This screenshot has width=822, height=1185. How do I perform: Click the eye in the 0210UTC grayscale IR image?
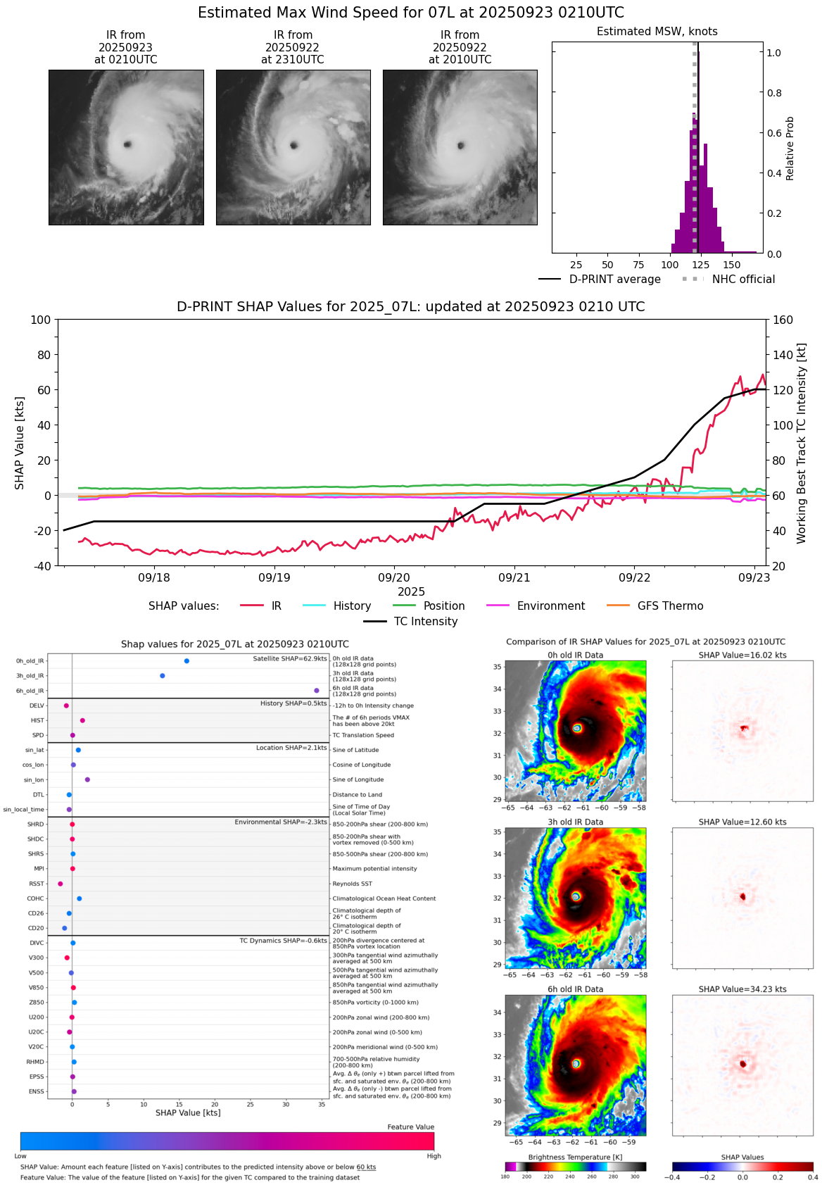point(127,144)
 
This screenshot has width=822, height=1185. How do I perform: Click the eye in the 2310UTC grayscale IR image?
point(294,146)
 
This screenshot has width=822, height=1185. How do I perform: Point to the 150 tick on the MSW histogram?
point(732,265)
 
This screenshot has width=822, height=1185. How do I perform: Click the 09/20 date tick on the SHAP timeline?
point(394,577)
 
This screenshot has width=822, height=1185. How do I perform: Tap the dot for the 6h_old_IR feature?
point(317,691)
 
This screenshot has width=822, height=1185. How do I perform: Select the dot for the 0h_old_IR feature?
point(186,661)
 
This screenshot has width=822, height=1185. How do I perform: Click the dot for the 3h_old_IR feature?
point(163,676)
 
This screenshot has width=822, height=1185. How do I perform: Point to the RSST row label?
point(36,884)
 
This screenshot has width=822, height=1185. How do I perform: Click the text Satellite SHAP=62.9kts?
point(290,659)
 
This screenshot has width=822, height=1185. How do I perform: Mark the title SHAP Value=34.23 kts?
point(742,989)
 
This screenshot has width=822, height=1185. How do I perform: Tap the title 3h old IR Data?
point(575,822)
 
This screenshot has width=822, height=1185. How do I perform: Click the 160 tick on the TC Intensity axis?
point(783,320)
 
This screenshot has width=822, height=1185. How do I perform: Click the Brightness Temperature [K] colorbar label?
point(575,1158)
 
